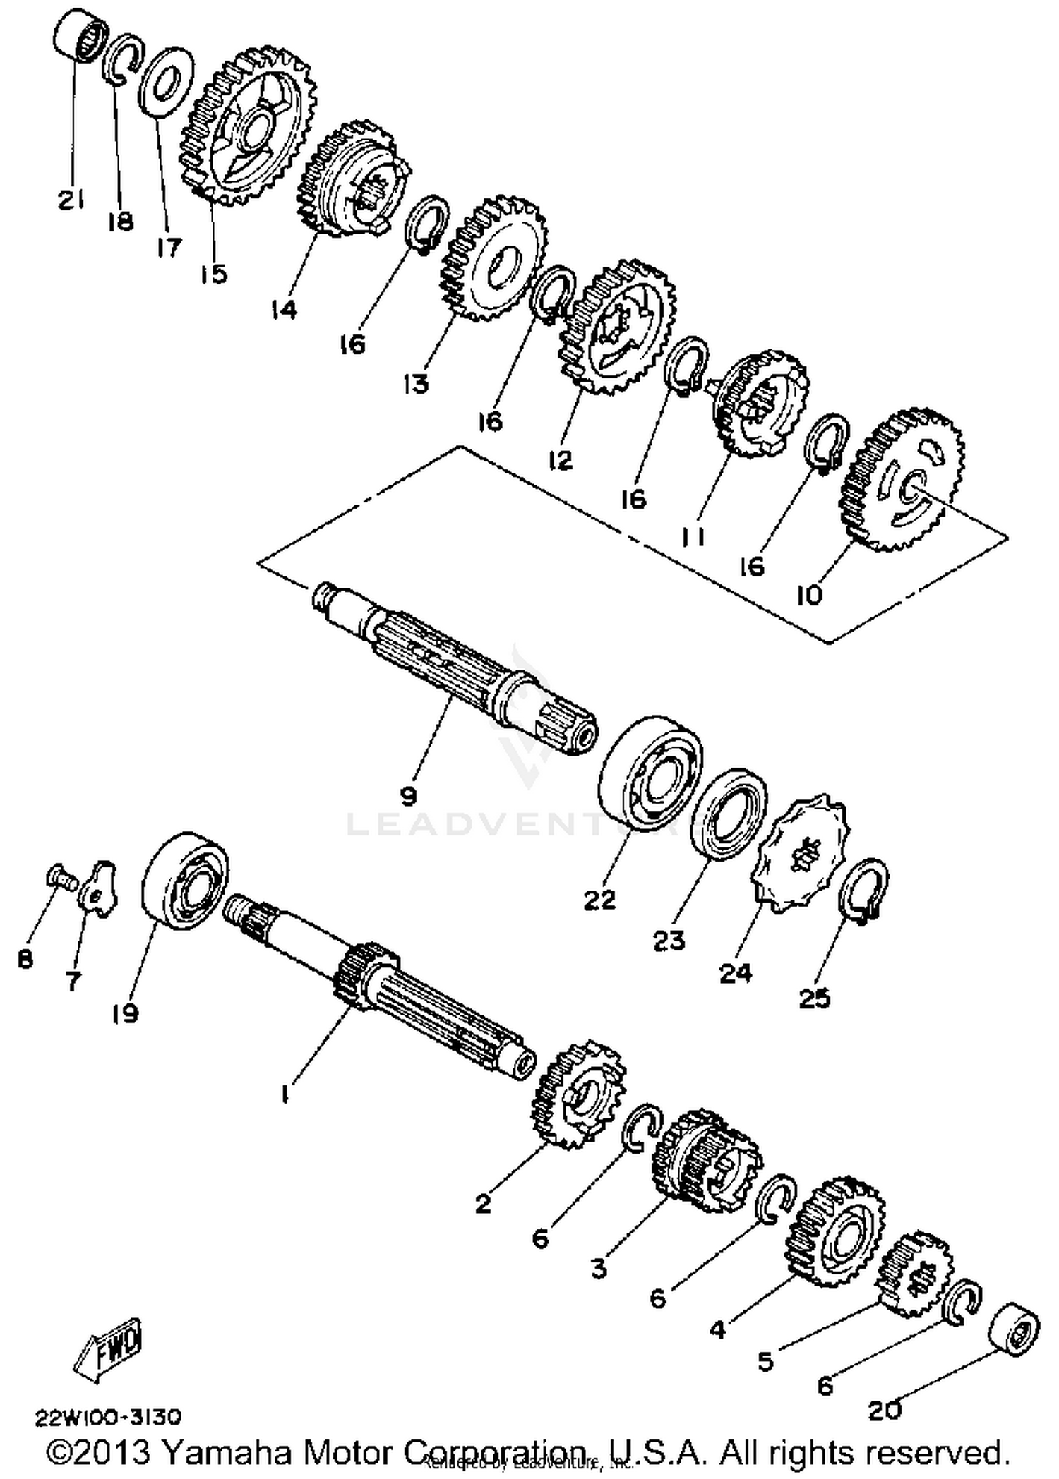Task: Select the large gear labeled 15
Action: click(x=247, y=127)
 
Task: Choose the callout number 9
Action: click(x=409, y=796)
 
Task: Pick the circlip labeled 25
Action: click(x=863, y=889)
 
